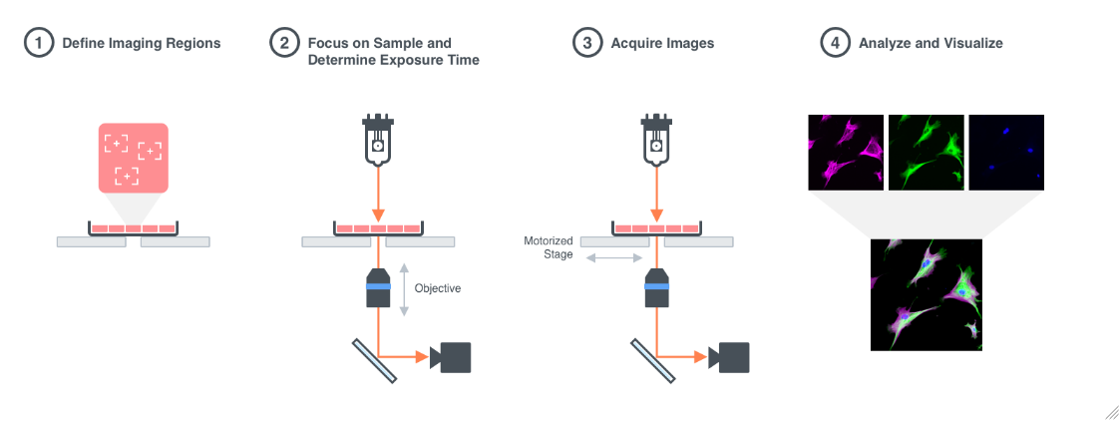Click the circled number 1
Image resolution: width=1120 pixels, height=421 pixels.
(37, 44)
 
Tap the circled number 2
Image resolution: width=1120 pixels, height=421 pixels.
(284, 44)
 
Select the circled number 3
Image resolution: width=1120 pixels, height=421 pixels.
(585, 44)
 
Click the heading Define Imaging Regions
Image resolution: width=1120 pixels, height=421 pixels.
(141, 44)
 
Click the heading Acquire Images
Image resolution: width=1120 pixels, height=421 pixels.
(663, 44)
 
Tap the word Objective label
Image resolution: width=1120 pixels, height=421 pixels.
(438, 288)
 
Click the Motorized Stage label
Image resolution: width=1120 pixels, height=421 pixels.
(549, 248)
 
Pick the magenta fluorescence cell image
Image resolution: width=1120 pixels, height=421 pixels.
(846, 152)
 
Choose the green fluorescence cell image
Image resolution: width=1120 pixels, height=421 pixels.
(926, 152)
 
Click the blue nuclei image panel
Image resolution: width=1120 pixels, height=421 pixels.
(1006, 152)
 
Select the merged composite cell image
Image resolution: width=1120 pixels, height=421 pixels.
(927, 294)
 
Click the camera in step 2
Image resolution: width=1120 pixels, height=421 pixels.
(452, 356)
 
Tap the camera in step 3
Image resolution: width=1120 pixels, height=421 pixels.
(731, 356)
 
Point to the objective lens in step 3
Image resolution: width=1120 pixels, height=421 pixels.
(656, 287)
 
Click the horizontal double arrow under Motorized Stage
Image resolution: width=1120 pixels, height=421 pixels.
(614, 258)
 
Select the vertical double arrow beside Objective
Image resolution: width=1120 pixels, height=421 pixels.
(404, 289)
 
